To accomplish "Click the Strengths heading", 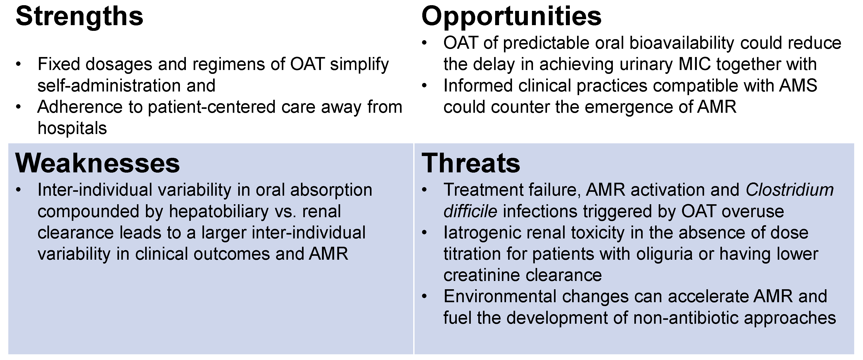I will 79,17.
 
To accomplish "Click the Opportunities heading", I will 511,17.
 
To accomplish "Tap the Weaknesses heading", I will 97,164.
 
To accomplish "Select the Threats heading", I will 471,164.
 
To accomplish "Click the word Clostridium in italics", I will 790,190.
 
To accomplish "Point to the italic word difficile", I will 470,211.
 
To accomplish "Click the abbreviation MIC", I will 694,64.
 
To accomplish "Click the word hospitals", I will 72,128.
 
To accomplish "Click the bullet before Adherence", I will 18,107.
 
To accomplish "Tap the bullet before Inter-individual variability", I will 18,190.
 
